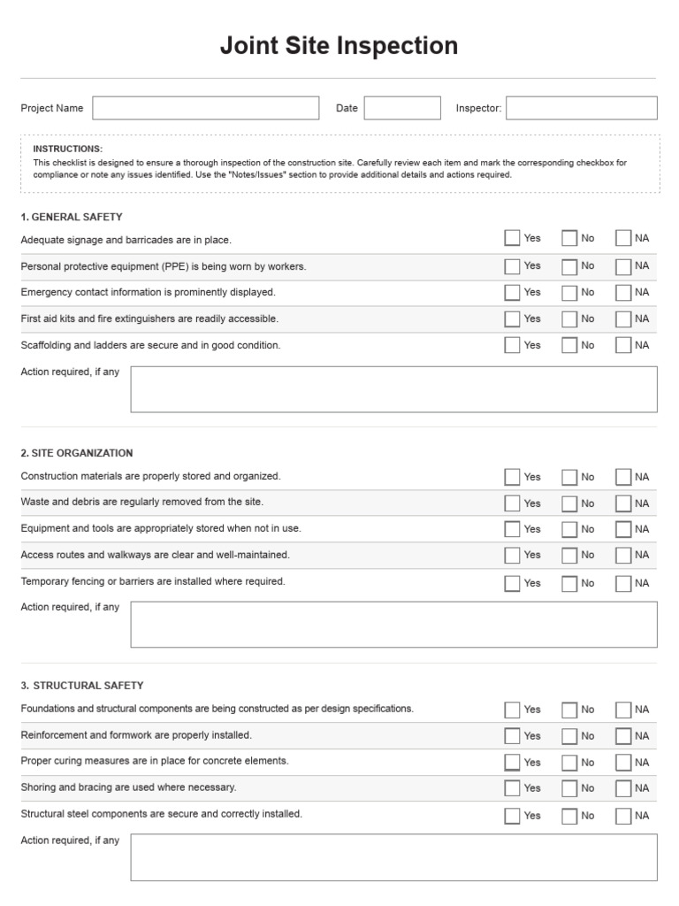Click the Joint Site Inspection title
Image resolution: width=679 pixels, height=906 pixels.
click(x=339, y=46)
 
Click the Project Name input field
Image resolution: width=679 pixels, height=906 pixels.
click(x=205, y=108)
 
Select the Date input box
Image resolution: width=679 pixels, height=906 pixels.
click(x=402, y=108)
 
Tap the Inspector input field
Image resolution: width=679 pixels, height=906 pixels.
click(x=581, y=108)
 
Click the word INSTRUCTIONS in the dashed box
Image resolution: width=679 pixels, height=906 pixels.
click(x=68, y=149)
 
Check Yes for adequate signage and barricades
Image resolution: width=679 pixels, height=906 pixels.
click(x=512, y=238)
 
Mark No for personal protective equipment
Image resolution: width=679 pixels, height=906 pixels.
click(x=569, y=266)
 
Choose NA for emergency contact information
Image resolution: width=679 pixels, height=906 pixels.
click(x=623, y=293)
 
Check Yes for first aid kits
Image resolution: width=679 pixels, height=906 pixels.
click(x=512, y=319)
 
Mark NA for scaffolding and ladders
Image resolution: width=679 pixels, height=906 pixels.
click(x=623, y=346)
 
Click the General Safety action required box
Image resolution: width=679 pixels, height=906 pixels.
click(x=393, y=389)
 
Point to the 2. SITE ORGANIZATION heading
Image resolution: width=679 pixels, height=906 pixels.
click(x=77, y=453)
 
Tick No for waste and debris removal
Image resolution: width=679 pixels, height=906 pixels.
click(x=569, y=503)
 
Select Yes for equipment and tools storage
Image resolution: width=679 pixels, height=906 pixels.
click(x=512, y=529)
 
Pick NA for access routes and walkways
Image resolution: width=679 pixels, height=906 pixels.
click(x=623, y=556)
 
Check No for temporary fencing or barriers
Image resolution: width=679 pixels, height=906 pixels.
click(x=569, y=583)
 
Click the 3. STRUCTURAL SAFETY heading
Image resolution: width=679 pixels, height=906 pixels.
click(x=81, y=686)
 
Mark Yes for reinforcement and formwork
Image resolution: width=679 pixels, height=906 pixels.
click(x=512, y=736)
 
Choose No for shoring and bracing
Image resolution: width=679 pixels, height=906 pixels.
click(x=569, y=788)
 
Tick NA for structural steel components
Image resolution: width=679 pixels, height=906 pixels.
click(x=623, y=816)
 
